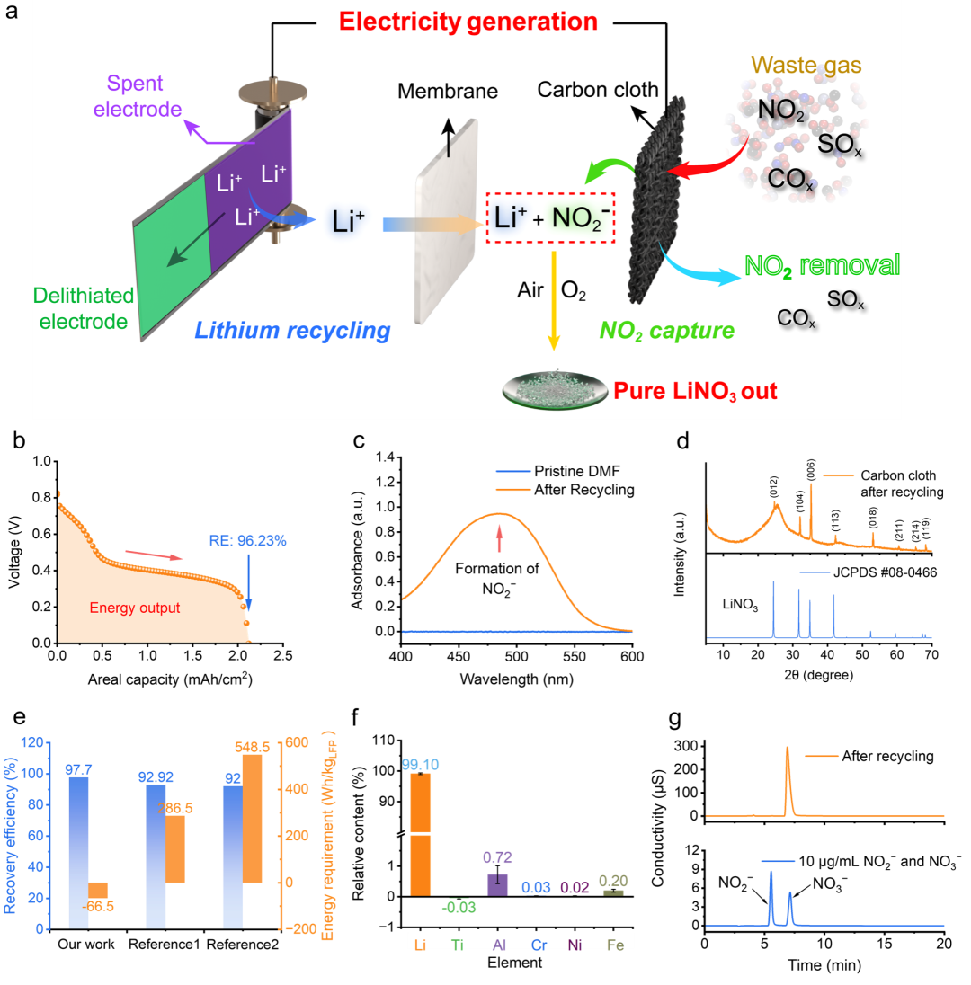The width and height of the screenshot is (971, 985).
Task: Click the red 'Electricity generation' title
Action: click(x=468, y=22)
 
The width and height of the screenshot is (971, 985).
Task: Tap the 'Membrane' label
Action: click(x=448, y=91)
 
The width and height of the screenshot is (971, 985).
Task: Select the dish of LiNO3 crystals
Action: click(x=555, y=390)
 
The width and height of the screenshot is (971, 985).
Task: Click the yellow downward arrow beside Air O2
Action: click(x=554, y=300)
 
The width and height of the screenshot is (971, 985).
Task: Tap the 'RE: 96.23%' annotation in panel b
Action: click(x=247, y=541)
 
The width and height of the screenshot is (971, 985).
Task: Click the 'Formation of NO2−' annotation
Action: click(x=496, y=579)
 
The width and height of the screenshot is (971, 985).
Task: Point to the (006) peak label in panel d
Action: click(x=811, y=471)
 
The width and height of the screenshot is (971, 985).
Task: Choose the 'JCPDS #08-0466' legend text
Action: click(x=885, y=572)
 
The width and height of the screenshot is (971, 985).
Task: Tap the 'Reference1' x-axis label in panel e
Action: click(x=164, y=945)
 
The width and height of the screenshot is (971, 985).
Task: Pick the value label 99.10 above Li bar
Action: click(x=421, y=765)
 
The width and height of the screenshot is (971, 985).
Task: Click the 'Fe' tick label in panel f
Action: click(x=615, y=945)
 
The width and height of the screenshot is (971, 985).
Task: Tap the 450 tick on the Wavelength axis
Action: click(x=459, y=656)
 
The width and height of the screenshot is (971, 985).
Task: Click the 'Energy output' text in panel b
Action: click(x=135, y=608)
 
